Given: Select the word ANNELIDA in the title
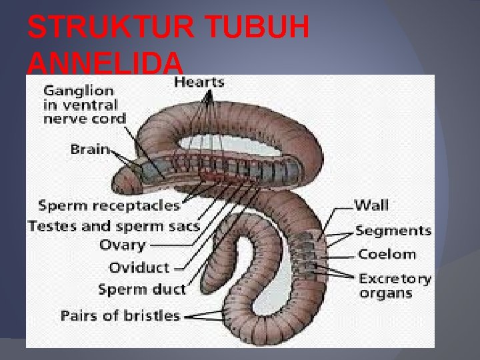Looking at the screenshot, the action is (x=105, y=64).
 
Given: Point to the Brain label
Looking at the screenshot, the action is (x=89, y=149).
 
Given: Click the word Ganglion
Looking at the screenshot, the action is (x=79, y=90).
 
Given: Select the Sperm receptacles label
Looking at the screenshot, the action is (x=109, y=205).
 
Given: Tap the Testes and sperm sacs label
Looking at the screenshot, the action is (x=114, y=226).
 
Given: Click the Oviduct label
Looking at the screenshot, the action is (x=139, y=267).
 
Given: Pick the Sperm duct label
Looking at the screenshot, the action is (x=142, y=289).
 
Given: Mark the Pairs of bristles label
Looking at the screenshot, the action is (x=120, y=315).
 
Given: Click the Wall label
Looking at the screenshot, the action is (x=371, y=206).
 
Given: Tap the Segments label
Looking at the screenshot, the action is (x=393, y=231).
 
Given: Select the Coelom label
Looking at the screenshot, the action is (x=387, y=254).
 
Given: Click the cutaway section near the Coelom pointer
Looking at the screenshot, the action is (x=309, y=253).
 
